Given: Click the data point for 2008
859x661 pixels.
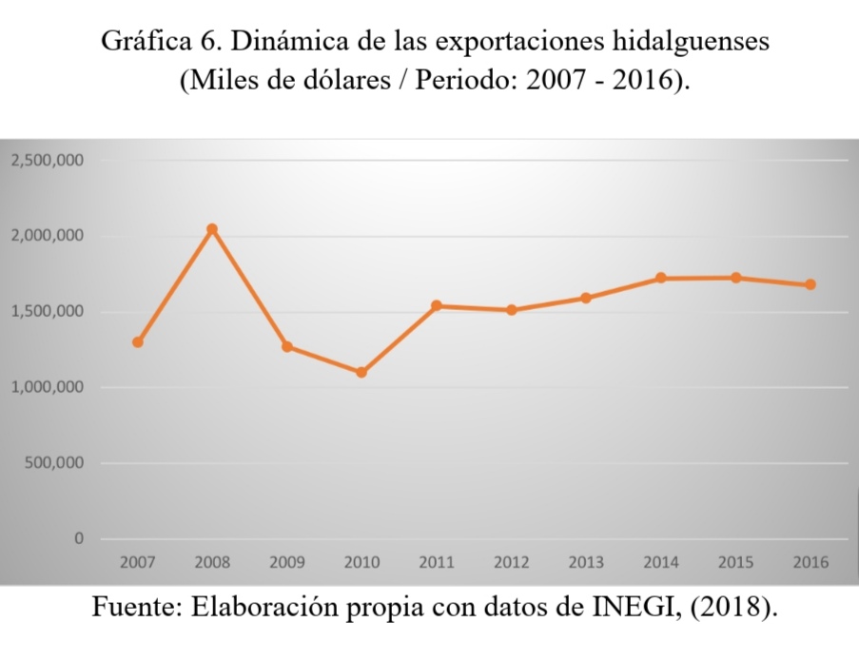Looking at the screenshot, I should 212,229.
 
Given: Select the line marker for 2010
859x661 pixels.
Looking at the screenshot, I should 361,372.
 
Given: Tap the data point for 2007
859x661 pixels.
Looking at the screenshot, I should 138,342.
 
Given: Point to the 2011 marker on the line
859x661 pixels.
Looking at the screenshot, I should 437,306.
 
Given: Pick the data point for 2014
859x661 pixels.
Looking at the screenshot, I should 660,278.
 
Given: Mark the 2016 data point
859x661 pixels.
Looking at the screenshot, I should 810,284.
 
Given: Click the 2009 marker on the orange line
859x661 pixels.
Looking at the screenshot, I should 287,346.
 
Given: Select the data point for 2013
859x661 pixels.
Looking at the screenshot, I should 586,298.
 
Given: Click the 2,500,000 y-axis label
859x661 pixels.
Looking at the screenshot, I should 47,161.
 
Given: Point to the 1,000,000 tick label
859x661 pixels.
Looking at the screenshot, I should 47,388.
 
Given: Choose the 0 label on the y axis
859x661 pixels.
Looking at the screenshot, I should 79,539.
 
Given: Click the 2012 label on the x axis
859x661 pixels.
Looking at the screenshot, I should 511,562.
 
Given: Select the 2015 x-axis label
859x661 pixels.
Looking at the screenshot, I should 735,562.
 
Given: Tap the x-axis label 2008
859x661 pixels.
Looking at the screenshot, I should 212,562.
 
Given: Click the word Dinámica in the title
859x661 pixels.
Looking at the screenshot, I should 305,44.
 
